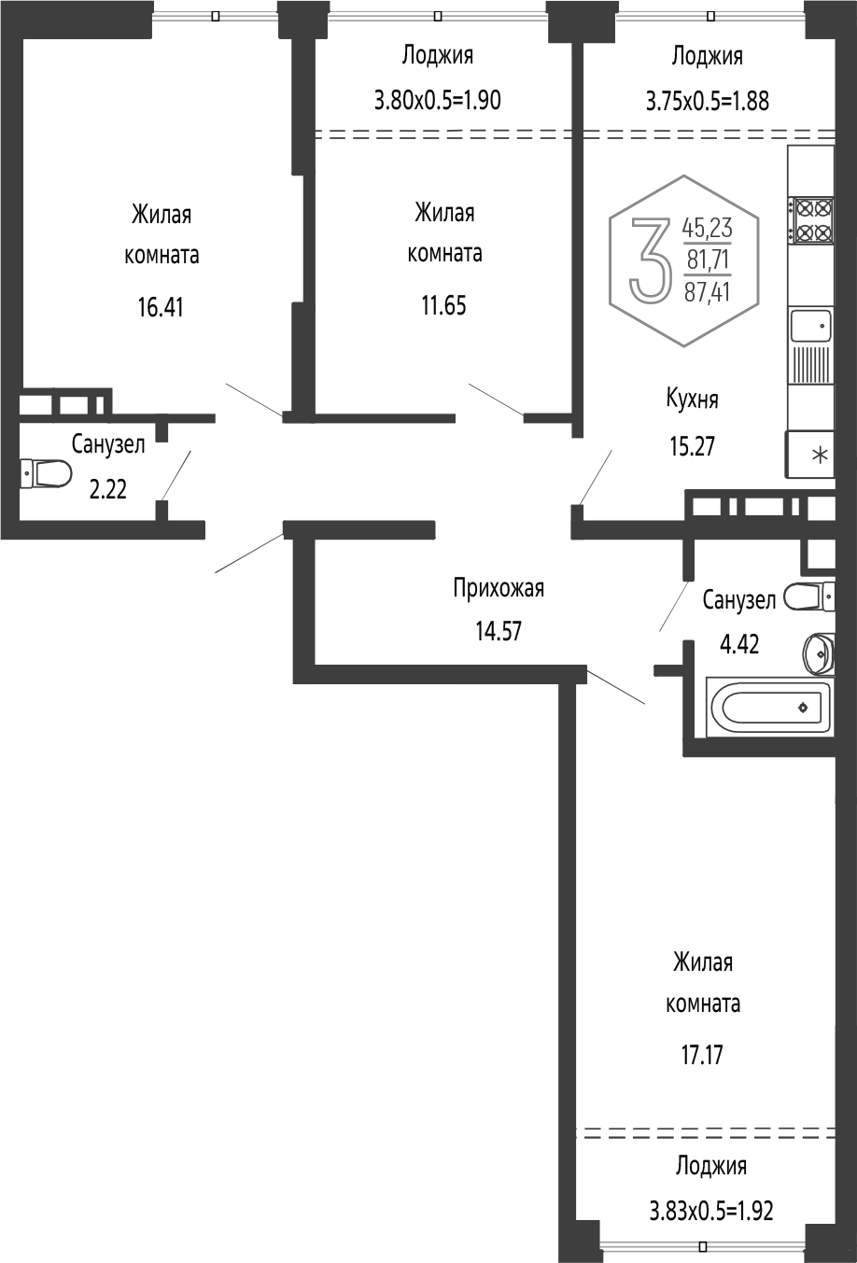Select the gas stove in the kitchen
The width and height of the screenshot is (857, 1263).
811,220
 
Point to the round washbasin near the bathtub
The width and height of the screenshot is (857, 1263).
819,653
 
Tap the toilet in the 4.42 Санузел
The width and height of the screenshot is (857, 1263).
808,596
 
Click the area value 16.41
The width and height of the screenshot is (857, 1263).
161,308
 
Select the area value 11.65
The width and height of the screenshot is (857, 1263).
444,306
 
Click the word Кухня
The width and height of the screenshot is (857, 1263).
693,400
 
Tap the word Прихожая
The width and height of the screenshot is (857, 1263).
499,589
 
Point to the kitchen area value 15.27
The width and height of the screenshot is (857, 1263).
693,446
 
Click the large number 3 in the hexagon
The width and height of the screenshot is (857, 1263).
652,259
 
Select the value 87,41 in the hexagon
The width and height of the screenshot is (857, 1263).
707,292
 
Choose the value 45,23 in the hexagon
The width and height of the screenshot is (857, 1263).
707,228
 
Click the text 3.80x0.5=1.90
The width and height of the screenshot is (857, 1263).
438,101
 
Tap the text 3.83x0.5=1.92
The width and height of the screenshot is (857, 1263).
711,1210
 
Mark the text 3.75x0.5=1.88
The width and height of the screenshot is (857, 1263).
708,102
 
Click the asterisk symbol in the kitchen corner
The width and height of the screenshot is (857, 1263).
821,455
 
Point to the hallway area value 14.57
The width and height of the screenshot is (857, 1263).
499,631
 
